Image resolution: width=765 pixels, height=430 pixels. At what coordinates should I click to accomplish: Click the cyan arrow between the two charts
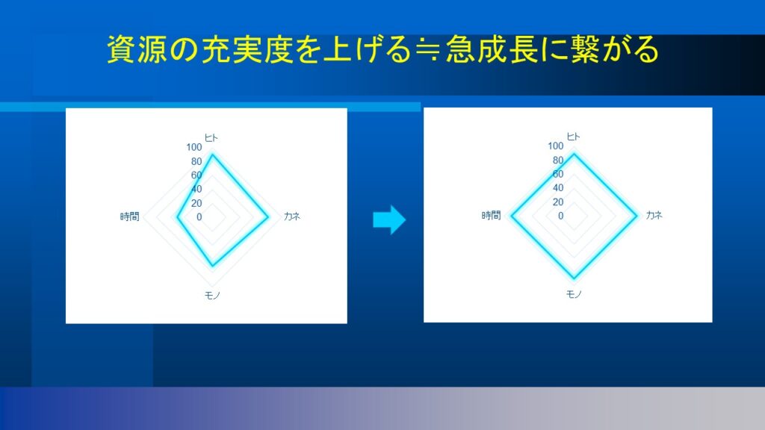pos(389,220)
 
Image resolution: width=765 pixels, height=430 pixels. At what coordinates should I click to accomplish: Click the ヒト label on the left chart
pos(211,138)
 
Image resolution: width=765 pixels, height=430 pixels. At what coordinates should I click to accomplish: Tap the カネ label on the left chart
pos(292,216)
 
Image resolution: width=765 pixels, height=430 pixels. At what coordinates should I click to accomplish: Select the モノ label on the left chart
pos(212,296)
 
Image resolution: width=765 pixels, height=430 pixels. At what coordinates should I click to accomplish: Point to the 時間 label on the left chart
pos(130,216)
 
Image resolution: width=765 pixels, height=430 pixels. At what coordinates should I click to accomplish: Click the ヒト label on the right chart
pos(573,137)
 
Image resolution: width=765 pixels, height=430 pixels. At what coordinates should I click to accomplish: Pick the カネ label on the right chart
pos(654,215)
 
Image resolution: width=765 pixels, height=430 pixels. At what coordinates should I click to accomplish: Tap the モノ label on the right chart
pos(574,294)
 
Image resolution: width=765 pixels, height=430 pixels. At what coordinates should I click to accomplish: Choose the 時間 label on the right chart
pos(492,216)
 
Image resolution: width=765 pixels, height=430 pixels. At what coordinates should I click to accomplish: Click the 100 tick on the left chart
pos(193,147)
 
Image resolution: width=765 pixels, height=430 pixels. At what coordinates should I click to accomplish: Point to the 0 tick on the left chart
pos(199,217)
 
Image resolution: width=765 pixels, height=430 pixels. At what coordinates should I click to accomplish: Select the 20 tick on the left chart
pos(196,203)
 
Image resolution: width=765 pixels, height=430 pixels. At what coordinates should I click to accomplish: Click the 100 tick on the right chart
pos(556,146)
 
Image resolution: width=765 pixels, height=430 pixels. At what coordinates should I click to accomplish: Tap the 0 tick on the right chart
pos(560,216)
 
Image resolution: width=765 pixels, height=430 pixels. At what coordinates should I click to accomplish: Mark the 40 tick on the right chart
pos(558,187)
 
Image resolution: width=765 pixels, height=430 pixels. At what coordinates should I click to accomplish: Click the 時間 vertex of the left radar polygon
pos(177,217)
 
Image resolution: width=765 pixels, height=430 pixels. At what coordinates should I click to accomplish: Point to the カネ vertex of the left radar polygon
pos(268,217)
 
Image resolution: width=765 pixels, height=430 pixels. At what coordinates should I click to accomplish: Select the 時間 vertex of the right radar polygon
pos(511,216)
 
